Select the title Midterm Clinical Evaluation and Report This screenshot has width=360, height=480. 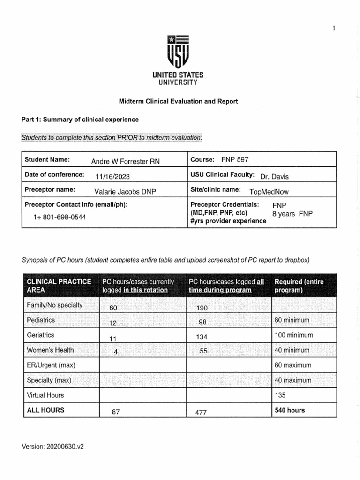178,101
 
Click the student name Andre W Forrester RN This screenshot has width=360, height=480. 125,161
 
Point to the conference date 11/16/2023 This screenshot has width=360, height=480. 112,176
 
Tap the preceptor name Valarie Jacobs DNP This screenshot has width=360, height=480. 125,191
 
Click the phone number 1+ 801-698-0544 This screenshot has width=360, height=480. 60,217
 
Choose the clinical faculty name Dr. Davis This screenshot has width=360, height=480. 274,176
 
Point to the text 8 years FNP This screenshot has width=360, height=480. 292,214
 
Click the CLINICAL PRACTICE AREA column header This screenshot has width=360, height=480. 59,285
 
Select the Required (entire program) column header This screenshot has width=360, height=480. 299,285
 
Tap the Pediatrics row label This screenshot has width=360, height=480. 41,320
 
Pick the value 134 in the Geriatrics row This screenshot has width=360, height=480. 202,337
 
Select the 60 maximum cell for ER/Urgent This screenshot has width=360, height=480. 293,365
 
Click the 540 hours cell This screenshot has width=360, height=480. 289,410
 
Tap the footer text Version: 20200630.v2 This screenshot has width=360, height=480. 52,447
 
